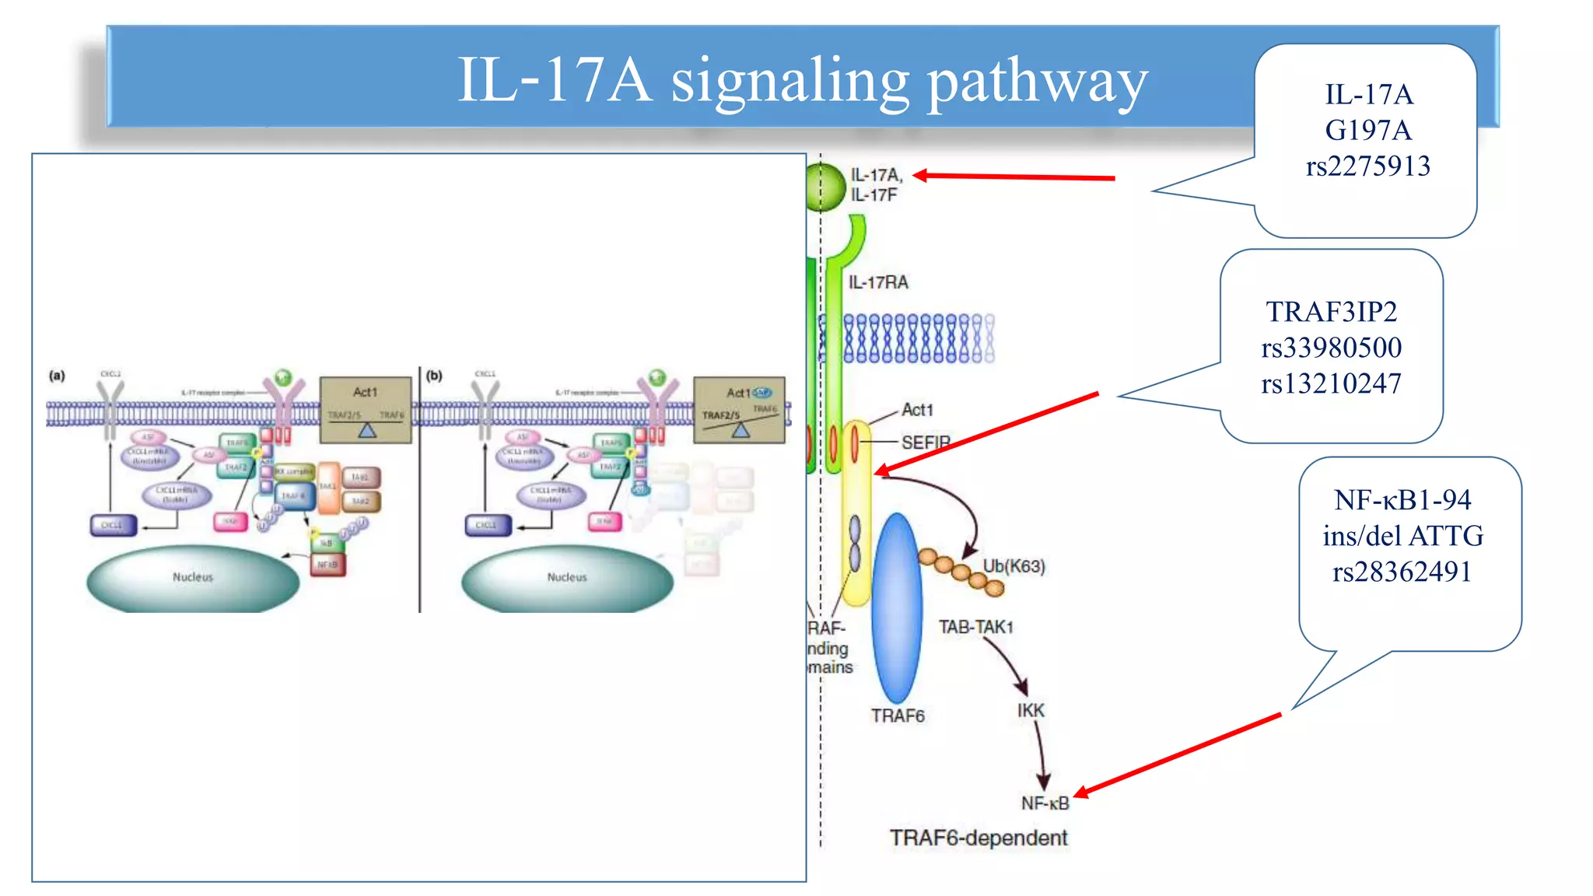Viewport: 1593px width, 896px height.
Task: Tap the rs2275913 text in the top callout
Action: point(1367,166)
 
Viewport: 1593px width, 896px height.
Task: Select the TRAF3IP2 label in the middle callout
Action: point(1331,312)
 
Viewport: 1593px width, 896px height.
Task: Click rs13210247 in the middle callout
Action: point(1331,383)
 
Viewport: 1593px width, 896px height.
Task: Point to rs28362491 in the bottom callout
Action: point(1402,572)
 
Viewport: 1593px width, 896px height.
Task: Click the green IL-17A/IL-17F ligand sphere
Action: point(825,187)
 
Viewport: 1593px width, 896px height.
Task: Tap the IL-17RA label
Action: point(877,282)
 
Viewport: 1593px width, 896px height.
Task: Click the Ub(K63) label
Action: point(1014,566)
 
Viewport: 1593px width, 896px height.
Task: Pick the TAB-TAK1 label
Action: point(975,627)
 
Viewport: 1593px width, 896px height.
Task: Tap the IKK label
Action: point(1031,710)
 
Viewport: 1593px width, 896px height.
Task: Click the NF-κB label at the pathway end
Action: point(1045,803)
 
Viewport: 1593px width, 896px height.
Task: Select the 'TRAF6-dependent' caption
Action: point(978,838)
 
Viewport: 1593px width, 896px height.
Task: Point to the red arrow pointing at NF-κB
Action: point(1178,754)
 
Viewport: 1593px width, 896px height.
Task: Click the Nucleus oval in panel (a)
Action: point(192,578)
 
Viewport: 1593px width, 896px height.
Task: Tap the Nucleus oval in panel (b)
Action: point(566,578)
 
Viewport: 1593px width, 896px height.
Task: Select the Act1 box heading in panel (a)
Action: point(365,392)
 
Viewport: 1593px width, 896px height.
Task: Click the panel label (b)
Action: point(434,376)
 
